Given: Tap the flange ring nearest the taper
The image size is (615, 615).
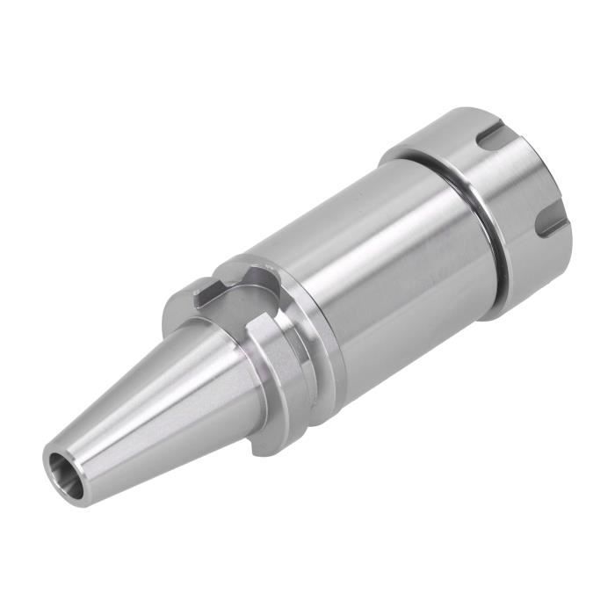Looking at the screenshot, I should tap(264, 378).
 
